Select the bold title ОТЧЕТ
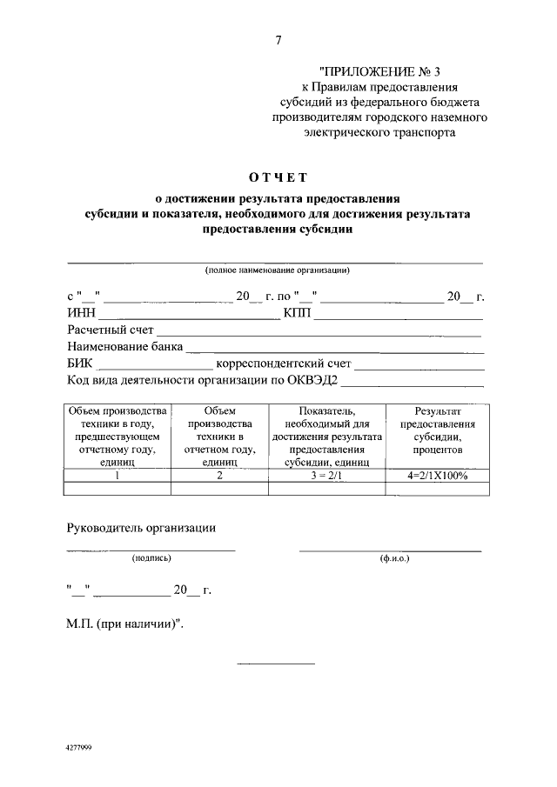coord(278,179)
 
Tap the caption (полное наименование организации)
coord(278,270)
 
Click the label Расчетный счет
coord(111,330)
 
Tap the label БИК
coord(81,363)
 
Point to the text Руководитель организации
coord(141,528)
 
